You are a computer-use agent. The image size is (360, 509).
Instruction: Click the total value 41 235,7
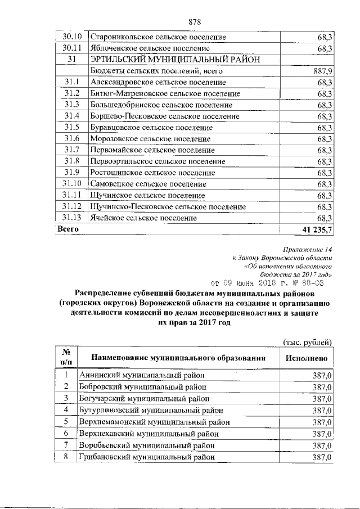tap(318, 229)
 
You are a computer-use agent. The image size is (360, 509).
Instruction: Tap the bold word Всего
tap(67, 229)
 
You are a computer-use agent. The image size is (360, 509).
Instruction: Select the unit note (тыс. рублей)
tap(307, 342)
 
